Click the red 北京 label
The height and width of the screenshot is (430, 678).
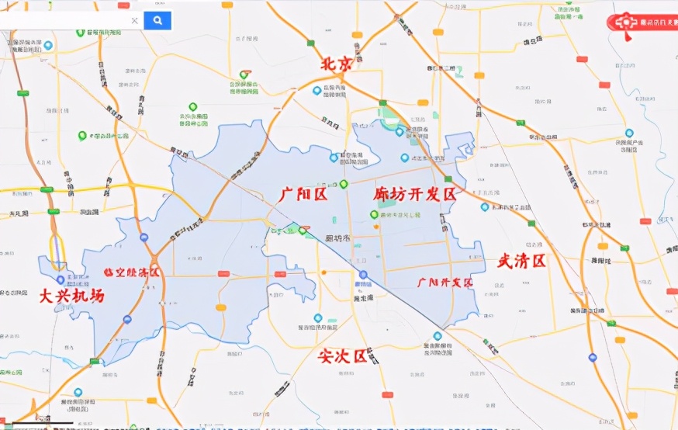click(x=336, y=64)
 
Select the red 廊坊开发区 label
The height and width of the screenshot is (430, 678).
click(x=414, y=194)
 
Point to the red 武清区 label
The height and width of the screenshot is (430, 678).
click(x=521, y=261)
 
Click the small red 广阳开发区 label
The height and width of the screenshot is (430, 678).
click(x=445, y=283)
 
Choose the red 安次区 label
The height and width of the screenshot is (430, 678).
click(x=342, y=356)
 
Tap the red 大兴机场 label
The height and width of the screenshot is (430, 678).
click(x=71, y=296)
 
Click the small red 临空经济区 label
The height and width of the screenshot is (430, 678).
click(x=131, y=272)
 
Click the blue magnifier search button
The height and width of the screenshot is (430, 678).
click(x=157, y=20)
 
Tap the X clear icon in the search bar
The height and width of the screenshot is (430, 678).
click(x=134, y=21)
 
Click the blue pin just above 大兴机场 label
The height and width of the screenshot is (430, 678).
click(x=61, y=279)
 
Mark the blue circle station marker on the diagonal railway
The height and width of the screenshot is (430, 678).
click(x=362, y=275)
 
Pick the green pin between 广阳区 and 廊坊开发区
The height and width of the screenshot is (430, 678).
click(x=344, y=184)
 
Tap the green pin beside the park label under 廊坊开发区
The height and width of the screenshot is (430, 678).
click(x=374, y=215)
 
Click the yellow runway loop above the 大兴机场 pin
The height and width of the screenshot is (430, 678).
click(x=57, y=249)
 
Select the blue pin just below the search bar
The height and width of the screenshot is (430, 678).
click(x=48, y=46)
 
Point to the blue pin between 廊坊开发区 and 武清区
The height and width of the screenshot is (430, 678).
click(x=485, y=206)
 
